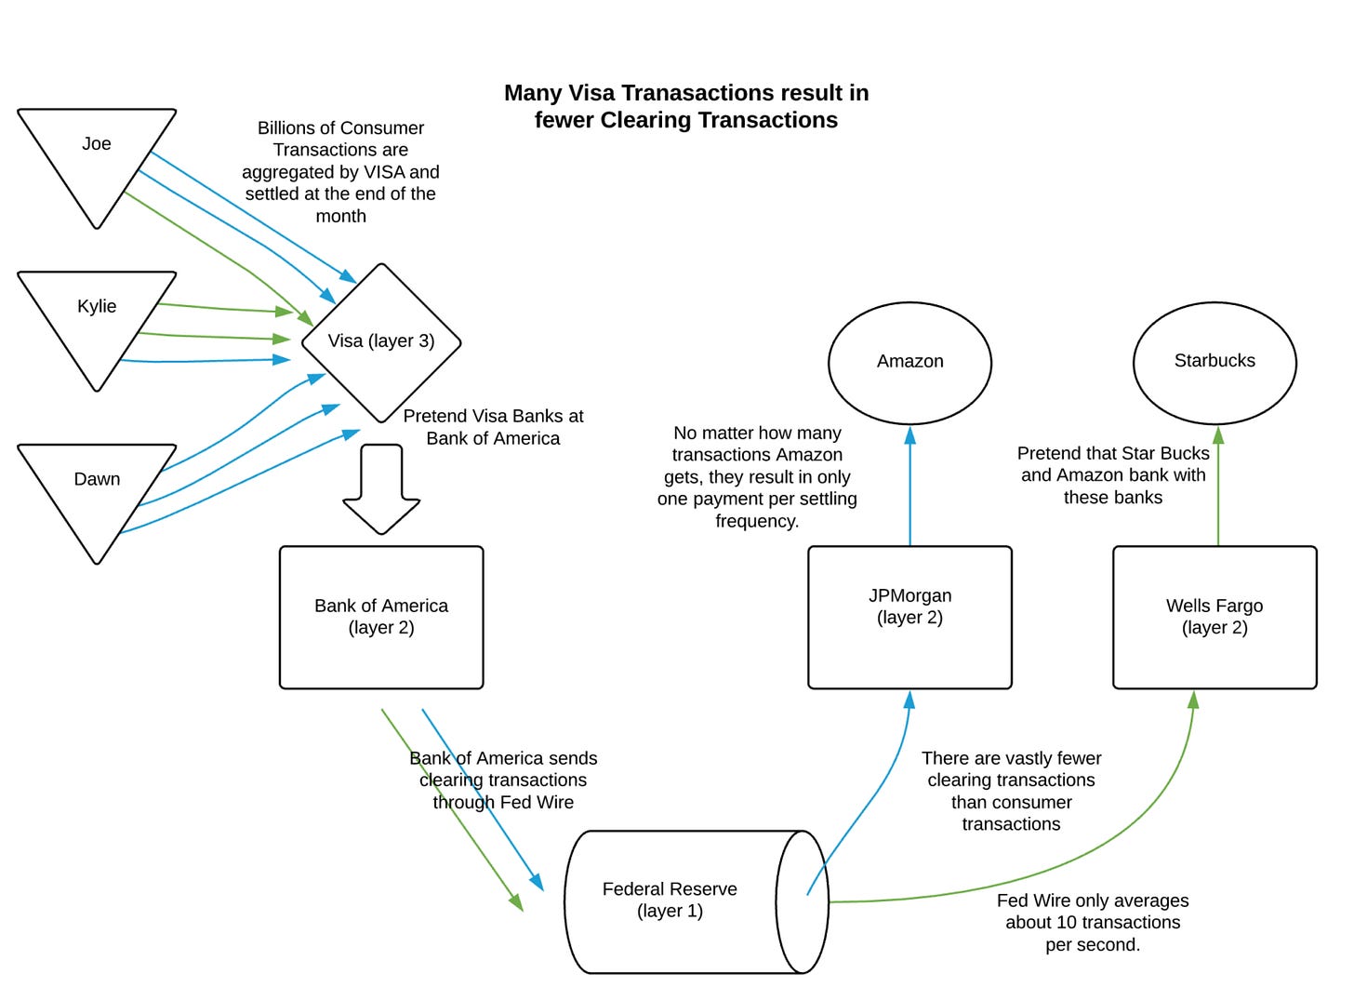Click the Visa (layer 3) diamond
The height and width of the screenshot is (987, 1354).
tap(381, 341)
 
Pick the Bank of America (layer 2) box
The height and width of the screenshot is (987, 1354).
tap(381, 617)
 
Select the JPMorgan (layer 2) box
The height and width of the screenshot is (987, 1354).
tap(909, 617)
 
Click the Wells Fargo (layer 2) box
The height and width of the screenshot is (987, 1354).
tap(1215, 617)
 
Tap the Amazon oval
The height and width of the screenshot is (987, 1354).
tap(909, 361)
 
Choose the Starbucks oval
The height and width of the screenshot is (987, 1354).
tap(1215, 361)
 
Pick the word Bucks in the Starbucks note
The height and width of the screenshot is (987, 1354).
tap(1186, 453)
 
